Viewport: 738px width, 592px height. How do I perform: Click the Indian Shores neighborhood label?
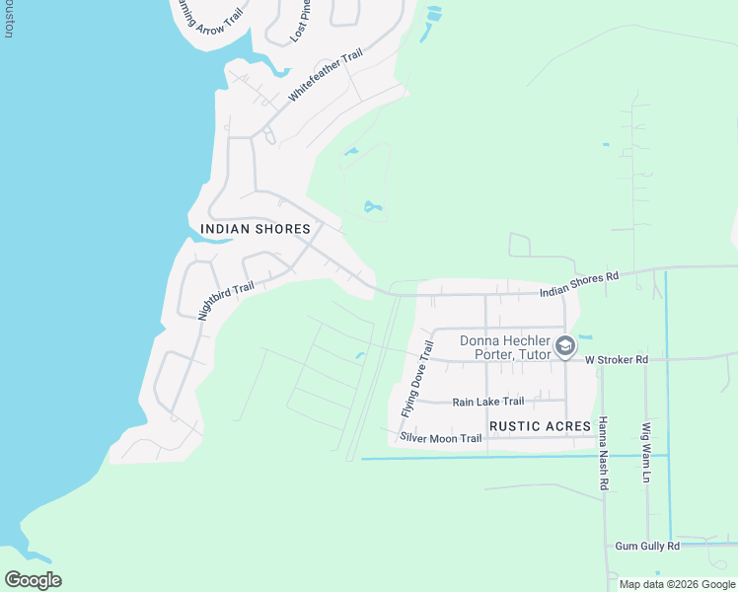click(x=256, y=229)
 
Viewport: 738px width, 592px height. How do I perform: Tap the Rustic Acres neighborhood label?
click(x=539, y=426)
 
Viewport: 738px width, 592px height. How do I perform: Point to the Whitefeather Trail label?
click(x=326, y=74)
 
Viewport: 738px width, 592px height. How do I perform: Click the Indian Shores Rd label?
click(x=578, y=284)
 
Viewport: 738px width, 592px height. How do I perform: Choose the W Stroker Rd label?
click(x=616, y=360)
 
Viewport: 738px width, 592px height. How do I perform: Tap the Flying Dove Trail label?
click(x=417, y=378)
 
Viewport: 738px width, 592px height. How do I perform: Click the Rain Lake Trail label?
click(x=487, y=402)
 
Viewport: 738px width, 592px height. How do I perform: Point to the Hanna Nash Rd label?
click(x=604, y=454)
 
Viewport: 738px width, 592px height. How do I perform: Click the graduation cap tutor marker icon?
click(x=565, y=345)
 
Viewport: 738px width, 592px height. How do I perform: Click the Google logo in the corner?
click(x=33, y=579)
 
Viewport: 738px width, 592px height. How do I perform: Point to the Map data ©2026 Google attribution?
click(x=676, y=584)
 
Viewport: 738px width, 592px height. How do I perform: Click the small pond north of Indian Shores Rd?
click(x=372, y=207)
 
